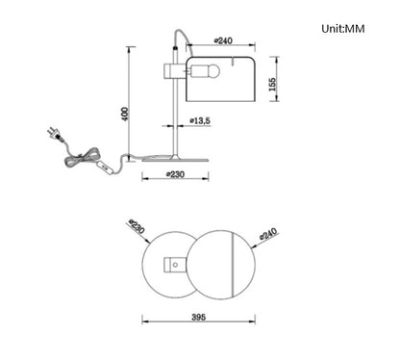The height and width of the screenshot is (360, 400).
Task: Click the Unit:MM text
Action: click(351, 29)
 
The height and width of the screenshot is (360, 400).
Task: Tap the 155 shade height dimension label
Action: click(275, 84)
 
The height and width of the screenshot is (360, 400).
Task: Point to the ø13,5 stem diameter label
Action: click(200, 122)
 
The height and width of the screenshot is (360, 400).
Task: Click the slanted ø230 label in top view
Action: click(137, 229)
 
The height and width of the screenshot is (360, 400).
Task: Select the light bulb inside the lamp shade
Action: click(210, 70)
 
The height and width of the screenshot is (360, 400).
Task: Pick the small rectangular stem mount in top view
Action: click(177, 263)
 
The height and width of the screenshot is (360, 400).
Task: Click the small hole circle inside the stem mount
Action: click(175, 263)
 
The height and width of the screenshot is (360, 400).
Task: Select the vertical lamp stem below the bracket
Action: click(174, 116)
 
